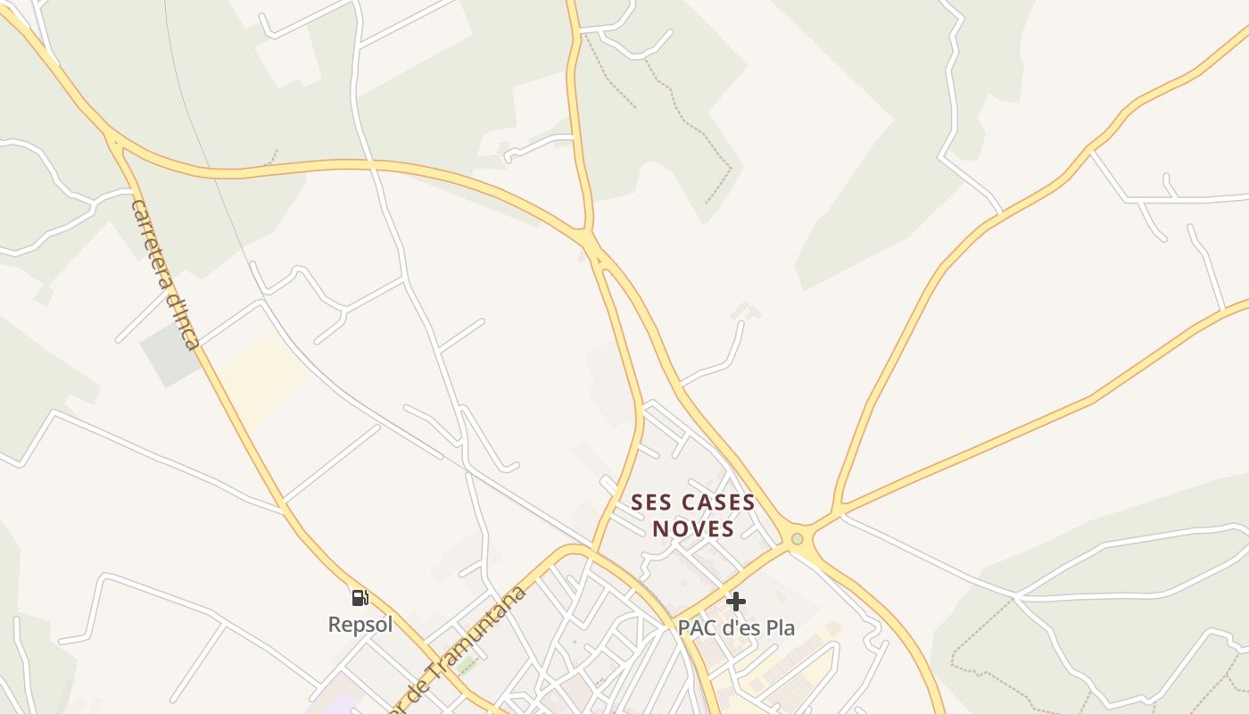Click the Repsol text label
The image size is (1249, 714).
[360, 624]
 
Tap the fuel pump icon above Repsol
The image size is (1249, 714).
[360, 597]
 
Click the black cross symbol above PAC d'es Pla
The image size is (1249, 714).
[735, 602]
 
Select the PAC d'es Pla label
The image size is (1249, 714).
[736, 627]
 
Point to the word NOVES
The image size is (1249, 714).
[693, 528]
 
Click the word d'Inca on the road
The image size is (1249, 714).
[182, 321]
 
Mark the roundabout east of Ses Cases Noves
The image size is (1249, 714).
[798, 538]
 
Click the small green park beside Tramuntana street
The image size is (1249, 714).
[467, 665]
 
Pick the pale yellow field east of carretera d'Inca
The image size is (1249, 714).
[263, 379]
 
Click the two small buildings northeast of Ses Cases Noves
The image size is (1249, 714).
[746, 311]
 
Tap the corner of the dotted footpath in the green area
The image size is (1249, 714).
[731, 167]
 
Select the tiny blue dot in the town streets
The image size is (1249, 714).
[575, 642]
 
